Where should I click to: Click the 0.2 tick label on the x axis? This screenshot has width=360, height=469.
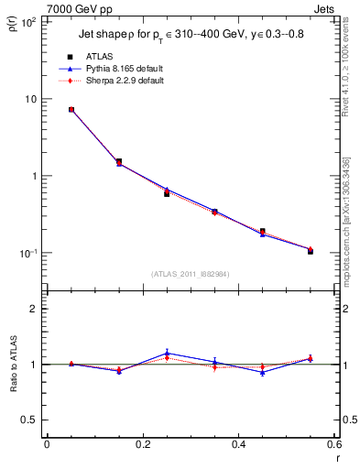click(x=142, y=446)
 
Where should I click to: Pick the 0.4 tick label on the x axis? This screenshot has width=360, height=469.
click(x=238, y=446)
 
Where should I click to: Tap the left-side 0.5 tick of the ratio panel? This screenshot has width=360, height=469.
click(x=28, y=420)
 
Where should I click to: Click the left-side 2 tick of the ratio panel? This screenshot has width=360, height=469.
click(x=33, y=309)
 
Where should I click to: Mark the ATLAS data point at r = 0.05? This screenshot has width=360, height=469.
click(x=71, y=110)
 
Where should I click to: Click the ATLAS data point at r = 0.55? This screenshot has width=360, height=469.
click(x=311, y=250)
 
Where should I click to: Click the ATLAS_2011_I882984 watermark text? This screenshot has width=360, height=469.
click(x=191, y=273)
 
